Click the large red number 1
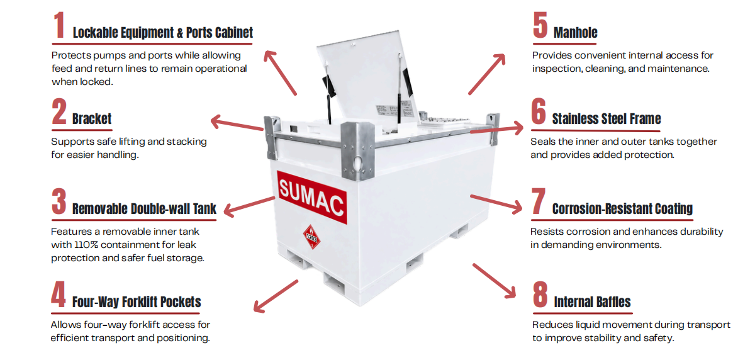tap(59, 25)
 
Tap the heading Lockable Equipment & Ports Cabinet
tap(163, 33)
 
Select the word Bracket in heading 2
tap(92, 119)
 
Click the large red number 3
tap(59, 201)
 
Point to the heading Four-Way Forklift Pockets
tap(137, 302)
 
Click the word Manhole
tap(575, 33)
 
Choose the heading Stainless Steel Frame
tap(607, 119)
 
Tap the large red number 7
tap(539, 201)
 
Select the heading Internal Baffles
tap(592, 302)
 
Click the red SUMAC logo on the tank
tap(312, 198)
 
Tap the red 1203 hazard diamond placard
tap(312, 237)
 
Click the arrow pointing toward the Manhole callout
tap(487, 74)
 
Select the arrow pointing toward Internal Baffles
tap(495, 281)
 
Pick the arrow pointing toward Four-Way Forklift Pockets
tap(276, 296)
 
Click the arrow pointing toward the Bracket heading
tap(237, 123)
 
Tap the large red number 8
tap(540, 295)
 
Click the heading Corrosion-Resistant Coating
tap(622, 209)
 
